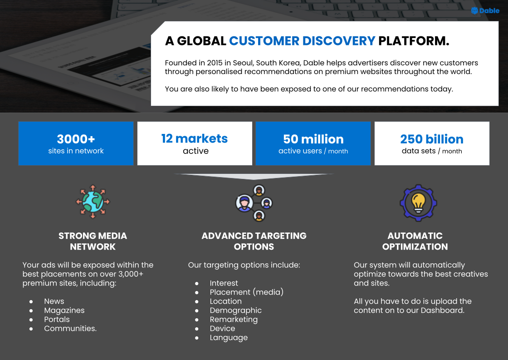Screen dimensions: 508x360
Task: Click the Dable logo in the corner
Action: tap(485, 11)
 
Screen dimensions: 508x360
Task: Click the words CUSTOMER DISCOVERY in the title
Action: tap(302, 41)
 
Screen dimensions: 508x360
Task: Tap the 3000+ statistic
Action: tap(76, 139)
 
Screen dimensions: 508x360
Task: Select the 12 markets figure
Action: tap(195, 138)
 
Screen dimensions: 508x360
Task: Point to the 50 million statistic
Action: tap(313, 139)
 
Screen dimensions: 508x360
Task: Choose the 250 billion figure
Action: tap(432, 139)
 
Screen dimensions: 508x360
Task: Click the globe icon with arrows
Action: tap(93, 202)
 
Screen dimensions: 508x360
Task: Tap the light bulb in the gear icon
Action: tap(418, 203)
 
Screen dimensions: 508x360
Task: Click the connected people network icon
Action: tap(254, 203)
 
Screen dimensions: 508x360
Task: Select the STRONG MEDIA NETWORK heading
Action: tap(93, 241)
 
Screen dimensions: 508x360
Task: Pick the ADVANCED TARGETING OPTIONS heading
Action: tap(254, 241)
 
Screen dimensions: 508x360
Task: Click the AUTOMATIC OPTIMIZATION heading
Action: tap(415, 241)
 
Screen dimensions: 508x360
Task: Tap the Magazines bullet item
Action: tap(64, 311)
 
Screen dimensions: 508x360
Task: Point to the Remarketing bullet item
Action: tap(234, 320)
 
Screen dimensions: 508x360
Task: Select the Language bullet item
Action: tap(229, 338)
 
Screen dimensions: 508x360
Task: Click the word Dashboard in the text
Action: tap(442, 311)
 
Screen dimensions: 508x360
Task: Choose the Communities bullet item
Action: tap(70, 329)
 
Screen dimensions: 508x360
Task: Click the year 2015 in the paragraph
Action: tap(215, 63)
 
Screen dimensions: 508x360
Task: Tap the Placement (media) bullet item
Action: tap(247, 292)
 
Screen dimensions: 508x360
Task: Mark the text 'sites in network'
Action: tap(76, 151)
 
